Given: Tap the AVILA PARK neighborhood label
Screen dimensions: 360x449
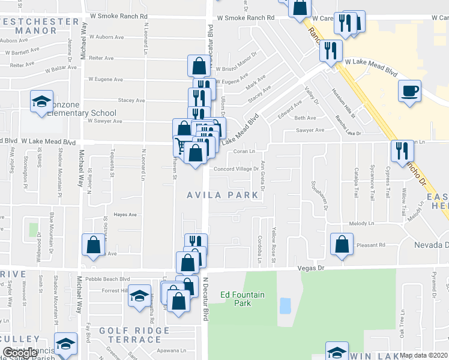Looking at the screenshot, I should (x=222, y=195).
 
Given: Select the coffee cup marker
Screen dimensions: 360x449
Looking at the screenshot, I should (x=410, y=91).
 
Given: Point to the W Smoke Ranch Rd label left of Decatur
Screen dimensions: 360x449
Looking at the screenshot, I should (x=118, y=17).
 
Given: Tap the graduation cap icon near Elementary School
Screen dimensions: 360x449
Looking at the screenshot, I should (x=41, y=101).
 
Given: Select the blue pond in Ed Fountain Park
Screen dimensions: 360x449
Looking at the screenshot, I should (x=285, y=305).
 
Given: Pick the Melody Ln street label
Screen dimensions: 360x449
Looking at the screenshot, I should (x=361, y=223).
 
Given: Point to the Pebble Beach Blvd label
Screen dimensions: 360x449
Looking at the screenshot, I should (x=109, y=278).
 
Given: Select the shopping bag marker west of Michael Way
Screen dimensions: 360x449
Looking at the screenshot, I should (x=94, y=245).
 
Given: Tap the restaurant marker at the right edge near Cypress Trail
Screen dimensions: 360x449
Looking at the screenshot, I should (x=402, y=151).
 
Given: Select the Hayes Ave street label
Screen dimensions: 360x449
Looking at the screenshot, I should (x=125, y=214).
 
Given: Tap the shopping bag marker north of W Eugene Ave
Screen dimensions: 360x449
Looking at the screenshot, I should (x=199, y=66).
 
